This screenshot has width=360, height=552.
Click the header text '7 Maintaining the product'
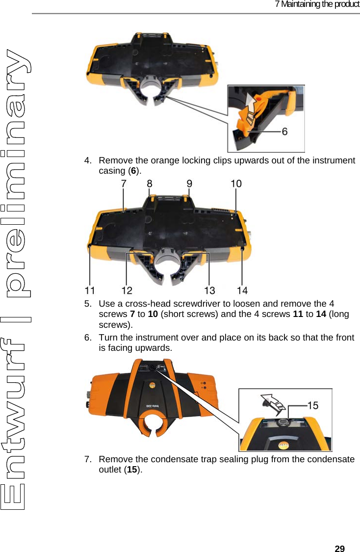coord(317,4)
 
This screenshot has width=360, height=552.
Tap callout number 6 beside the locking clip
coord(284,131)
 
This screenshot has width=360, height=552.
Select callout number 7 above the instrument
coord(124,183)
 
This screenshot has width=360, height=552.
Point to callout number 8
coord(150,183)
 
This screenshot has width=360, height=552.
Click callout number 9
coord(189,183)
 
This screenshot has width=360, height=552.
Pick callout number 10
coord(236,183)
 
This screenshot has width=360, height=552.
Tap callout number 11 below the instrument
coord(89,289)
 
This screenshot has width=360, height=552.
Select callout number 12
coord(127,289)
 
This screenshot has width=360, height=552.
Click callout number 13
coord(209,289)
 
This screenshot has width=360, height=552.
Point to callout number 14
coord(242,289)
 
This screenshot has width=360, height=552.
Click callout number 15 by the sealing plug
coord(312,405)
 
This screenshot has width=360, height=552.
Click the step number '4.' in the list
coord(88,160)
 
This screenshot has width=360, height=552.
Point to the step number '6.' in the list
coord(88,338)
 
